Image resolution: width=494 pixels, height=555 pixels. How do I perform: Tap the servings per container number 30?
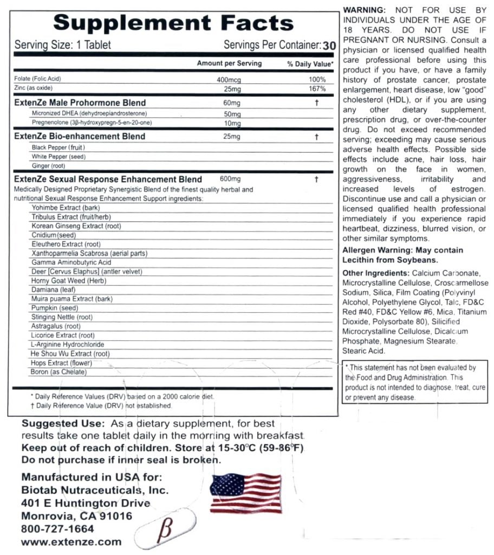point(328,46)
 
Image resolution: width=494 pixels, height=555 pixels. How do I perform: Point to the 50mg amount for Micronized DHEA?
point(231,114)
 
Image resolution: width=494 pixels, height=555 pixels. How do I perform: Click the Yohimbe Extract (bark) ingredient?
point(60,208)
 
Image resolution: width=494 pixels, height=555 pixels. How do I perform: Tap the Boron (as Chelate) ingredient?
point(58,372)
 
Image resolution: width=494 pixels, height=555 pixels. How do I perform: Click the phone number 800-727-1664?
point(57,528)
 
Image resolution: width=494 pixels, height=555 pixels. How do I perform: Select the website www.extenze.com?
point(71,541)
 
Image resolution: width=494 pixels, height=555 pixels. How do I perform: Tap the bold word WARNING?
point(365,10)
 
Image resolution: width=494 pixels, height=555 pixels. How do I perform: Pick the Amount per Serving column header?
point(229,63)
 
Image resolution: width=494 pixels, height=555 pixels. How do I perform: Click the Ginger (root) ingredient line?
point(49,165)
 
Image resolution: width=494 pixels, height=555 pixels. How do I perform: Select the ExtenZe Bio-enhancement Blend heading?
point(80,136)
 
